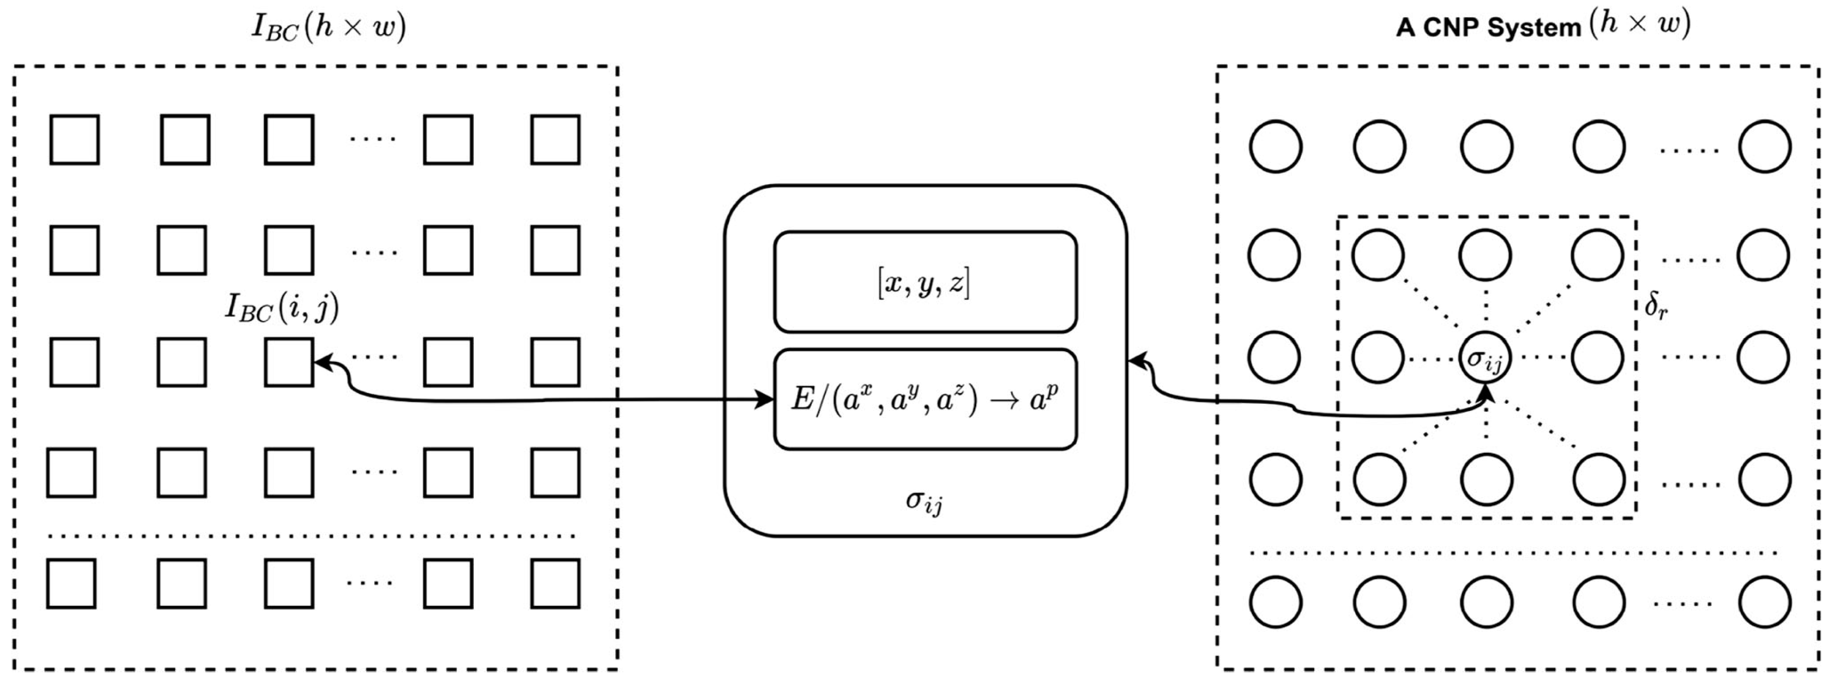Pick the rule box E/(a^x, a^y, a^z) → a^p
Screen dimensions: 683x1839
925,400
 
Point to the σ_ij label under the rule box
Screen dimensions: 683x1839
924,502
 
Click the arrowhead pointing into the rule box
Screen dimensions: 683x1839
766,400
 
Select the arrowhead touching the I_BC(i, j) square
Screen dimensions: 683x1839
323,362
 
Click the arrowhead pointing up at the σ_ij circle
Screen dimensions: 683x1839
1486,392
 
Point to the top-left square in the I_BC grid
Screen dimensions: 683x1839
74,140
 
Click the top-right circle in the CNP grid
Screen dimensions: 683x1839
1764,147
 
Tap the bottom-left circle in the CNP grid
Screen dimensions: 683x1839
1275,602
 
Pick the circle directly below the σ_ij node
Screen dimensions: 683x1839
1486,478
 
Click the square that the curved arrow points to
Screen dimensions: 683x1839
288,362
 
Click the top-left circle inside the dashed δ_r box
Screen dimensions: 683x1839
1378,255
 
